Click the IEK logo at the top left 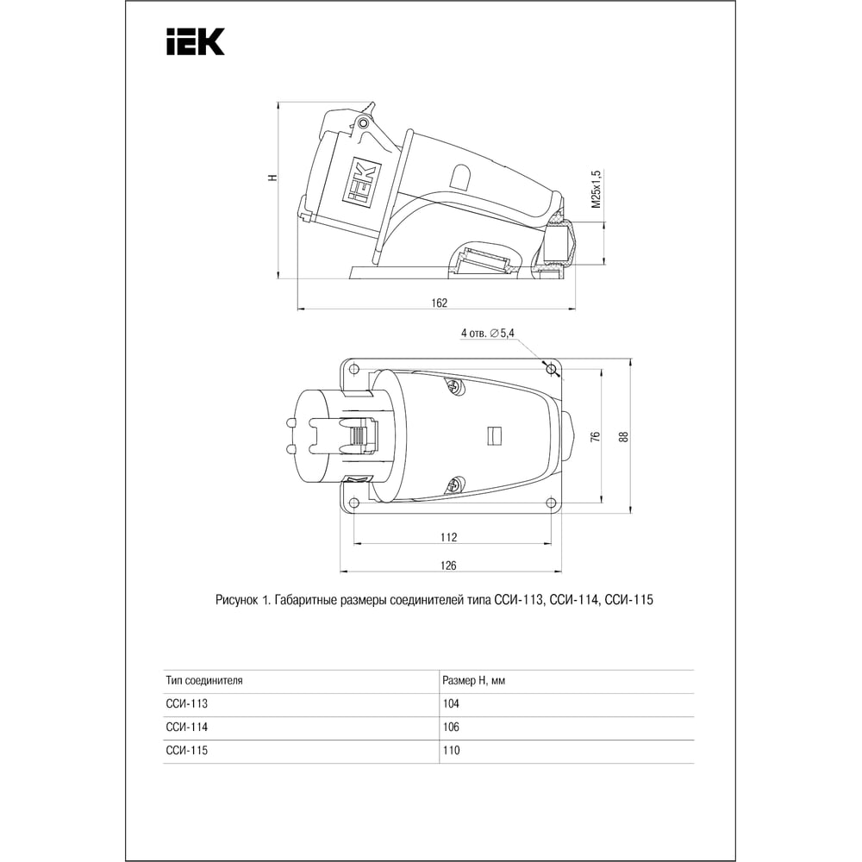[195, 41]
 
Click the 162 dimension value [440, 303]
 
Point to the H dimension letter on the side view [272, 178]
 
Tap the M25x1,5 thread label [597, 189]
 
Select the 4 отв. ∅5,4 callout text [488, 333]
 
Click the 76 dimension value [595, 436]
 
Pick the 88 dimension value [623, 436]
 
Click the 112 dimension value [448, 537]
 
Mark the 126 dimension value [448, 565]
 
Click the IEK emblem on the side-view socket [360, 183]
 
